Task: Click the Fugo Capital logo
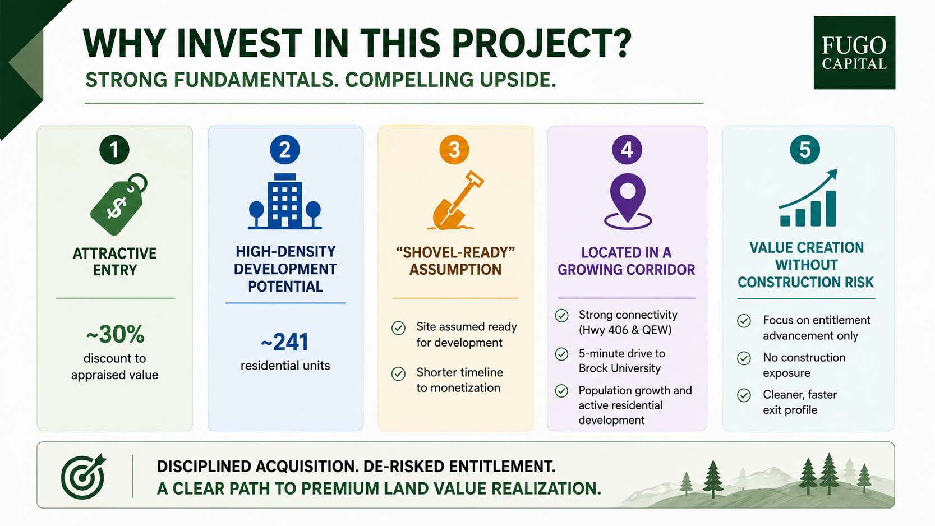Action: tap(854, 53)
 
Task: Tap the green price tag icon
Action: tap(119, 204)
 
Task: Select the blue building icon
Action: tap(285, 201)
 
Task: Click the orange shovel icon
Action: tap(455, 200)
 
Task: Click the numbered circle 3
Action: tap(454, 150)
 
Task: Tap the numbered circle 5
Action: tap(805, 150)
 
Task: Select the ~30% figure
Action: tap(115, 334)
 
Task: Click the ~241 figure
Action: tap(285, 342)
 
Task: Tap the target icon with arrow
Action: tap(84, 476)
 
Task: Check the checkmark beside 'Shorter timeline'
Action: tap(398, 373)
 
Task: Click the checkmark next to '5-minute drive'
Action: tap(561, 354)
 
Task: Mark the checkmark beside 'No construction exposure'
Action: tap(744, 358)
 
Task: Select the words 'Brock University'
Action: tap(619, 368)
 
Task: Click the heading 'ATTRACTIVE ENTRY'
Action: tap(115, 262)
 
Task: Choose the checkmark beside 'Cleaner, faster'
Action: tap(744, 395)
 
